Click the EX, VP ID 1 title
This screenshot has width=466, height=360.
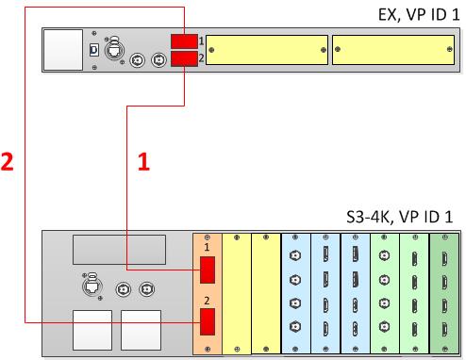[419, 15]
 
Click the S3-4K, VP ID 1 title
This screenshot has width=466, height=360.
[400, 217]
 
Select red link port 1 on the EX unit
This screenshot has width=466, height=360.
[184, 41]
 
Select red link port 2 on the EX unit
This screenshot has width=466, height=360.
[184, 58]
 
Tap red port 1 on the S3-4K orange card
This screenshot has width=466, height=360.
[208, 270]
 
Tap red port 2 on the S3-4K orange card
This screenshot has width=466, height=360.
[208, 321]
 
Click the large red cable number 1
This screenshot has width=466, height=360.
[143, 161]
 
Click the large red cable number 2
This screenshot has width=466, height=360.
[7, 161]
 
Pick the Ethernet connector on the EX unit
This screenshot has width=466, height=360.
[114, 50]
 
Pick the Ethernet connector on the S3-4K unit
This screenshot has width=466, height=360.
[92, 286]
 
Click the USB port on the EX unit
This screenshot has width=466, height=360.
[94, 50]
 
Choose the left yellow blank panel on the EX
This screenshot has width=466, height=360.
[267, 50]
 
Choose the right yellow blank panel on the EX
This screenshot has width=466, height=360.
[393, 50]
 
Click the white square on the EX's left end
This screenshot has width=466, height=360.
[63, 50]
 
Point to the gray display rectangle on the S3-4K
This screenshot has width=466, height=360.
[120, 250]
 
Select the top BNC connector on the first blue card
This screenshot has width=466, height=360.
[295, 255]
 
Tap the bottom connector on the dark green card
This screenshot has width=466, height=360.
[444, 329]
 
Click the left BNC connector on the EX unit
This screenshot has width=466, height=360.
[138, 59]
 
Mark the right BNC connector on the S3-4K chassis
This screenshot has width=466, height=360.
[146, 289]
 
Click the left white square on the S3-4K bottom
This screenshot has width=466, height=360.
[92, 330]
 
